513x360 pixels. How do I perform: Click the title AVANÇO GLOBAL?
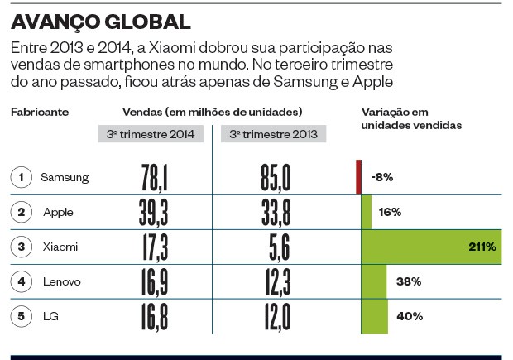[101, 21]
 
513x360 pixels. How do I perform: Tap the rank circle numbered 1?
[22, 177]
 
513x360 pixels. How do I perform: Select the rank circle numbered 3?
[22, 247]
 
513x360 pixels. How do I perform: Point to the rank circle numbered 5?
[22, 316]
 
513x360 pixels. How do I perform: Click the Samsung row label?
[65, 177]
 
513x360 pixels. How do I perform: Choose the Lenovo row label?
[62, 281]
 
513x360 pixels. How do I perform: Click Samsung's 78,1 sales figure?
[155, 177]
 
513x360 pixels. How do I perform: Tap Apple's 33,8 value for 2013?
[271, 213]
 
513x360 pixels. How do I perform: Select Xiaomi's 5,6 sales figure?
[271, 247]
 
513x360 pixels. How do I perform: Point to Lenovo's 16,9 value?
[155, 282]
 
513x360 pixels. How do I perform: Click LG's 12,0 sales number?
[271, 317]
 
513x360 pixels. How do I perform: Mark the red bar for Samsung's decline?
[358, 177]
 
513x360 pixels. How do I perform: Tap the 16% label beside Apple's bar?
[390, 213]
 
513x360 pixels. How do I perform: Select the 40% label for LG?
[410, 316]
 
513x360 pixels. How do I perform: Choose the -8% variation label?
[381, 177]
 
